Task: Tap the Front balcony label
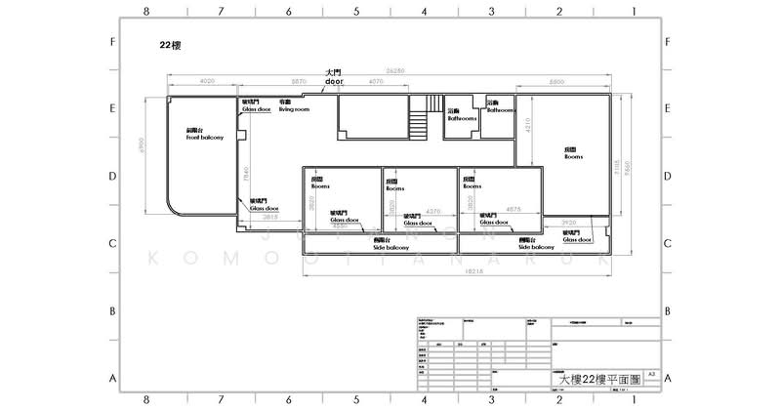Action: coord(205,135)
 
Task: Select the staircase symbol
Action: coord(419,120)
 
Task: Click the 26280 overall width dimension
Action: coord(394,70)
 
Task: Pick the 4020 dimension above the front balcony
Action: coord(206,81)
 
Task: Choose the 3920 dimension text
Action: coord(569,223)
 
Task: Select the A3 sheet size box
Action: coord(650,374)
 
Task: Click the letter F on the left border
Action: coord(114,43)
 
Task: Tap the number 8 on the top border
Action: coord(145,13)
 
